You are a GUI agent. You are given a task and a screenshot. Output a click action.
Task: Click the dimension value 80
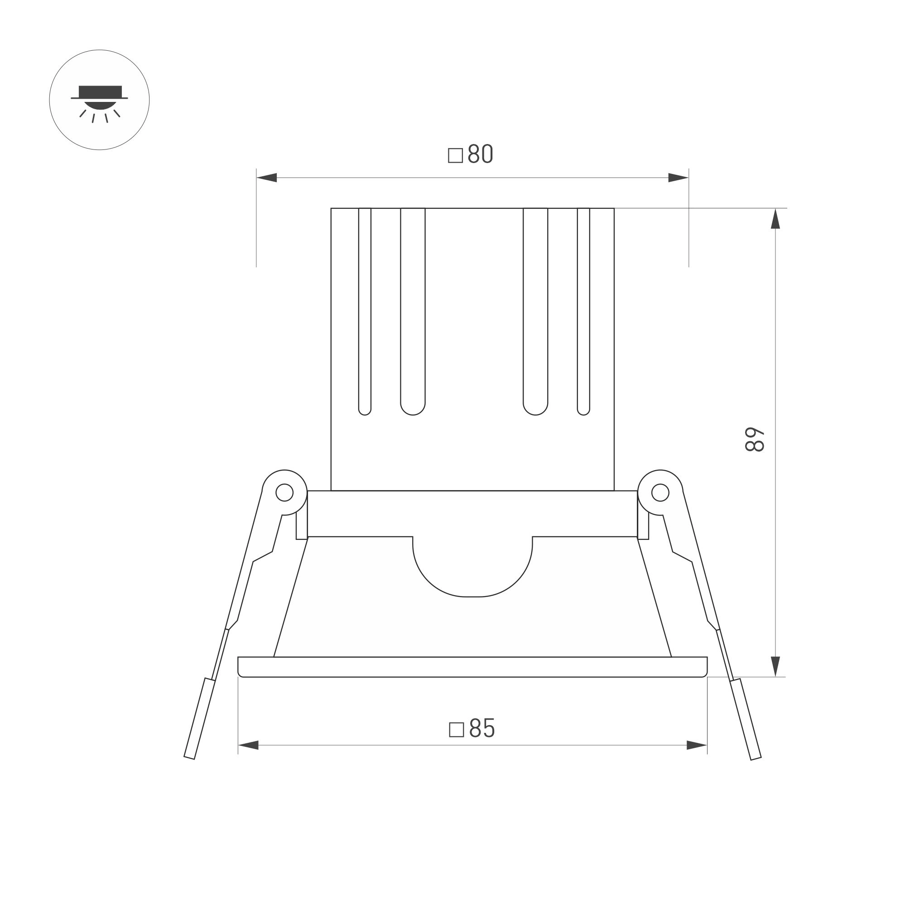[481, 154]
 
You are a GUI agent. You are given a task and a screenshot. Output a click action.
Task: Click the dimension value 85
[482, 728]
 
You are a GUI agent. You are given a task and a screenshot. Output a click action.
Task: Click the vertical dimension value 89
[755, 439]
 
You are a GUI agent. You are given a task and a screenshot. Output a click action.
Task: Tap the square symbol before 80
[455, 155]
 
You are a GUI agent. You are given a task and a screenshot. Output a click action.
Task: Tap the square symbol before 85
[456, 730]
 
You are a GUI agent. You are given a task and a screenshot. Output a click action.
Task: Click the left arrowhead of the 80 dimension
[266, 178]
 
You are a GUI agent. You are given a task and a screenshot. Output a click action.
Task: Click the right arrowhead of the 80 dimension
[678, 178]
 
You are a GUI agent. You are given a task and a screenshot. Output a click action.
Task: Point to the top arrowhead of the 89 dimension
[775, 218]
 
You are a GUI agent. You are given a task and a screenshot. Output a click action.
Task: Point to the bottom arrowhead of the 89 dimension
[775, 666]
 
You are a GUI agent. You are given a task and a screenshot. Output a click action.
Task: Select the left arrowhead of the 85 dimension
[248, 745]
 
